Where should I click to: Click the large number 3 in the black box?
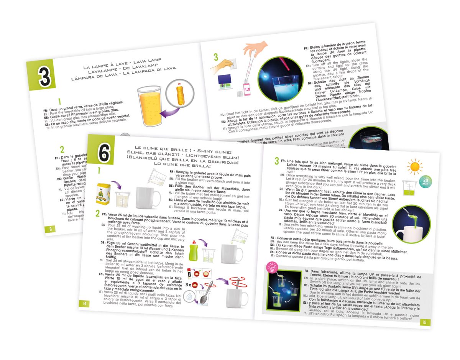click(x=44, y=77)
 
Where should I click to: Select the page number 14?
click(x=85, y=304)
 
